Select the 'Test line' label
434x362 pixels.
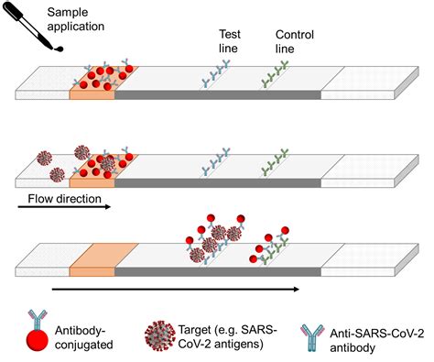pyautogui.click(x=230, y=42)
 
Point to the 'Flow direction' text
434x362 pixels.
pyautogui.click(x=59, y=193)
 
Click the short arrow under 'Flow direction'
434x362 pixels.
pyautogui.click(x=64, y=206)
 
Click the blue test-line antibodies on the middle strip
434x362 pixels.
pyautogui.click(x=220, y=159)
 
